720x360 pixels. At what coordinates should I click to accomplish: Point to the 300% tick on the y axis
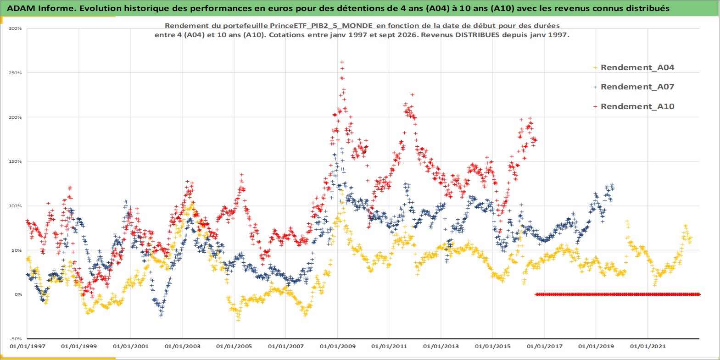pos(15,28)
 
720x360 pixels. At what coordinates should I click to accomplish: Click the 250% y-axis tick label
pos(15,73)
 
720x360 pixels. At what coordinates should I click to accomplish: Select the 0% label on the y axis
pos(18,294)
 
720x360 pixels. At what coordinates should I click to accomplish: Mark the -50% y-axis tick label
pos(15,339)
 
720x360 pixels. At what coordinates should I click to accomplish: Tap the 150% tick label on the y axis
pos(15,161)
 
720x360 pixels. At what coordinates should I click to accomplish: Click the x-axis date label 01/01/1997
pos(28,346)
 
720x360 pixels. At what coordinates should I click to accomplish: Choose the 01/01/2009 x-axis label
pos(337,346)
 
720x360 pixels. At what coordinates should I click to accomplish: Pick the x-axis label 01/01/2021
pos(647,346)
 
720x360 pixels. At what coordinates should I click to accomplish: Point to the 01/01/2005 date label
pos(234,346)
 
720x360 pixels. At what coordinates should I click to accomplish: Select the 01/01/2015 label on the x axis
pos(493,346)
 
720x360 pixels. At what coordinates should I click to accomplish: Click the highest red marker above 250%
pos(342,62)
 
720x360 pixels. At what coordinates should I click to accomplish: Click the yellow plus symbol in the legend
pos(595,68)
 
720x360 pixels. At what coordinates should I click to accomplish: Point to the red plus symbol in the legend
pos(595,106)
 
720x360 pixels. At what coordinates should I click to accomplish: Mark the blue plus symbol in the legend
pos(595,87)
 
